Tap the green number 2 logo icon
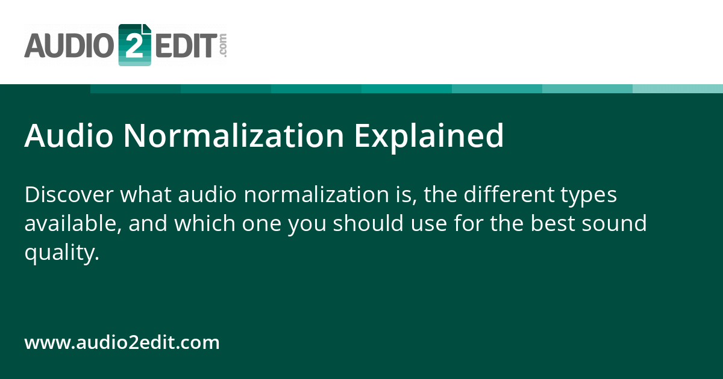click(x=134, y=45)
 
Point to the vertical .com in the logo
click(x=223, y=45)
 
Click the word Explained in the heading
click(x=428, y=136)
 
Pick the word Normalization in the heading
click(x=234, y=136)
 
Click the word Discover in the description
click(x=67, y=195)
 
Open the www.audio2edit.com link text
click(x=122, y=343)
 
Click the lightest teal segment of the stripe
click(x=678, y=88)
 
